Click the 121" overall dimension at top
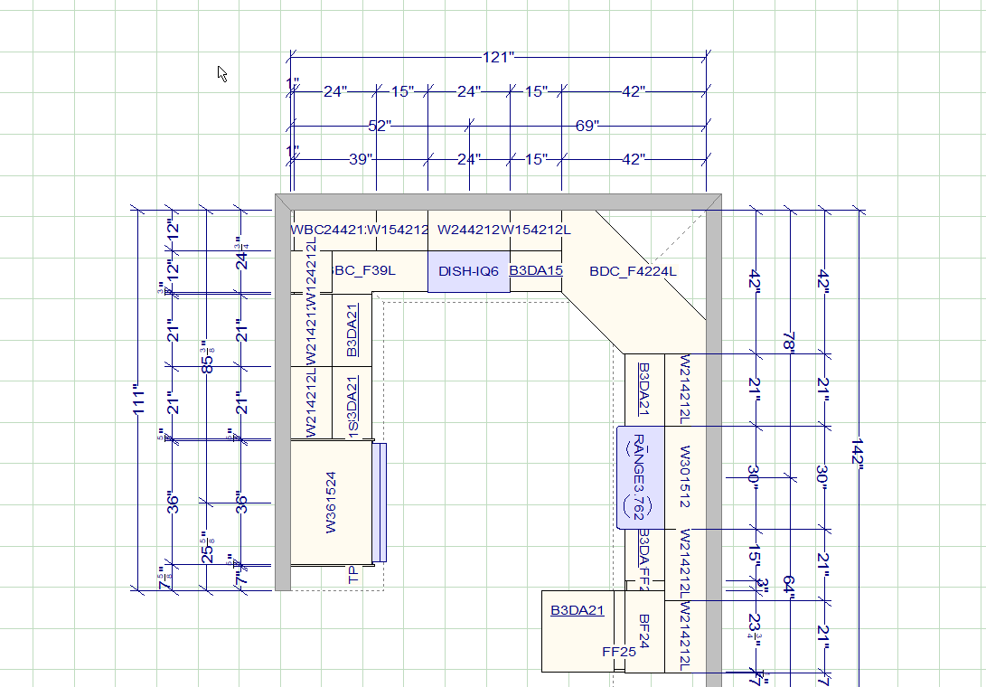497,58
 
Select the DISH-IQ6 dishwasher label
468,271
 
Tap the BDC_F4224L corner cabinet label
633,271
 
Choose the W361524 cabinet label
331,502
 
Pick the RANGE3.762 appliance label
638,477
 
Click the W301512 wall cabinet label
685,477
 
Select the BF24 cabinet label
644,630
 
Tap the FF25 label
619,651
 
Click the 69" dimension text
587,126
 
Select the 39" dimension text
360,159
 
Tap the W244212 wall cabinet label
469,230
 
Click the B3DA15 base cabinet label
536,270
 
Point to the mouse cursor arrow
221,73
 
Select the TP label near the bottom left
353,574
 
